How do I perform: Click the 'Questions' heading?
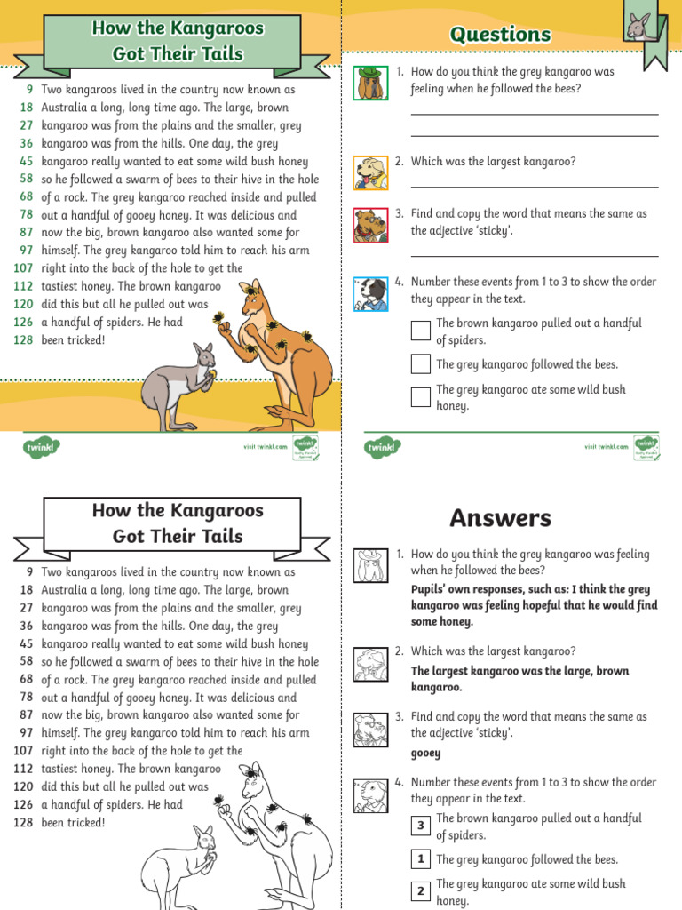coord(500,35)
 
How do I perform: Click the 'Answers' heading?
coord(500,518)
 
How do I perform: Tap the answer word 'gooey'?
coord(425,753)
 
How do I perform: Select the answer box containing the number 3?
coord(421,826)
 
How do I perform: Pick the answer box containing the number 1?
coord(421,859)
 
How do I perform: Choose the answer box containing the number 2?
coord(421,891)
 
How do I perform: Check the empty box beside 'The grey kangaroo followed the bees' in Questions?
coord(421,364)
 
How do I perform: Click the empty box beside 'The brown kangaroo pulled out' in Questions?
coord(421,331)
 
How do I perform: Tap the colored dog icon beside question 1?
coord(370,83)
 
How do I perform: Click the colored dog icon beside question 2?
coord(370,172)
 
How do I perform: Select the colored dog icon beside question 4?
coord(370,293)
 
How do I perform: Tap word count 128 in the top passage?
coord(23,340)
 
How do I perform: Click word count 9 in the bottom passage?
coord(29,572)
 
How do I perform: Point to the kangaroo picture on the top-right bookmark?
coord(638,27)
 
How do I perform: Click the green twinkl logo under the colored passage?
coord(40,447)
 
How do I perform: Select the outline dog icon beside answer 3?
coord(370,730)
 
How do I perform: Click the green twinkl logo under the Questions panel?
coord(383,447)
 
